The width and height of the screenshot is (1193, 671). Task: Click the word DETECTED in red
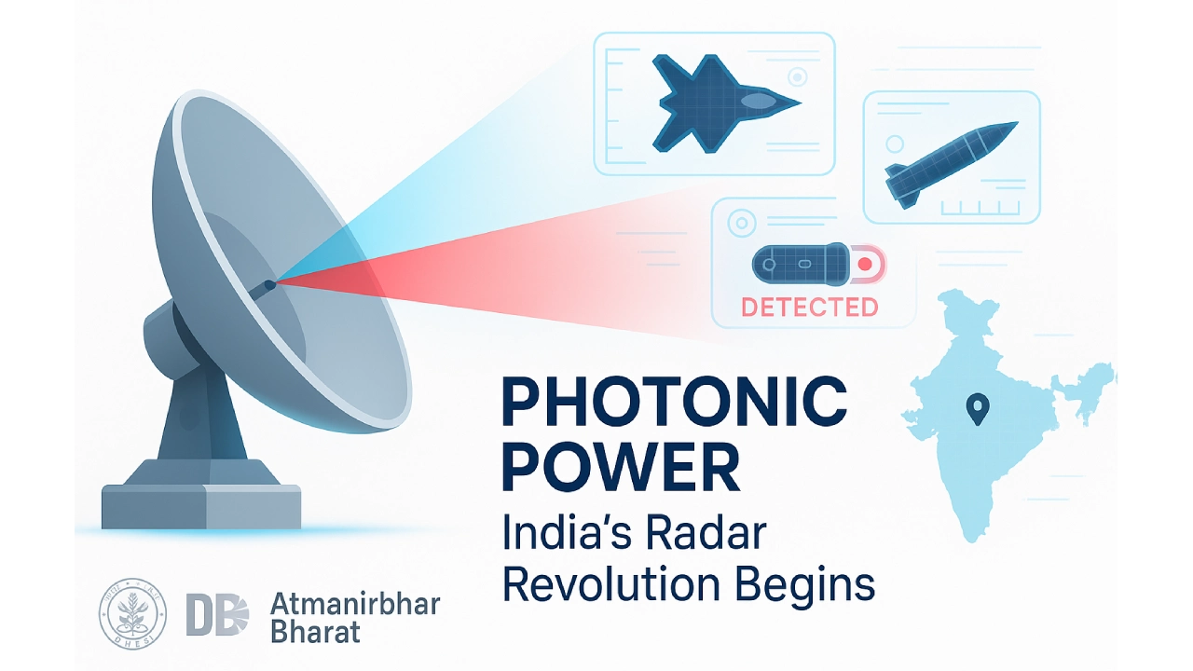click(808, 307)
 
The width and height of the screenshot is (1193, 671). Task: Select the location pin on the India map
click(977, 408)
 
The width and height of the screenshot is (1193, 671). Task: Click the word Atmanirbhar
click(354, 604)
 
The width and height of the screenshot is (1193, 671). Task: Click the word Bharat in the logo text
click(314, 634)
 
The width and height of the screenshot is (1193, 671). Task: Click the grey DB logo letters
click(217, 616)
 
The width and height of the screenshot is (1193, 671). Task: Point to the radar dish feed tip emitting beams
click(269, 282)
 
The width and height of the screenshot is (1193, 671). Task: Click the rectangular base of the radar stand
click(201, 507)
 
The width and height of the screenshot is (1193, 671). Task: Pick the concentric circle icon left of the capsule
click(743, 224)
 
